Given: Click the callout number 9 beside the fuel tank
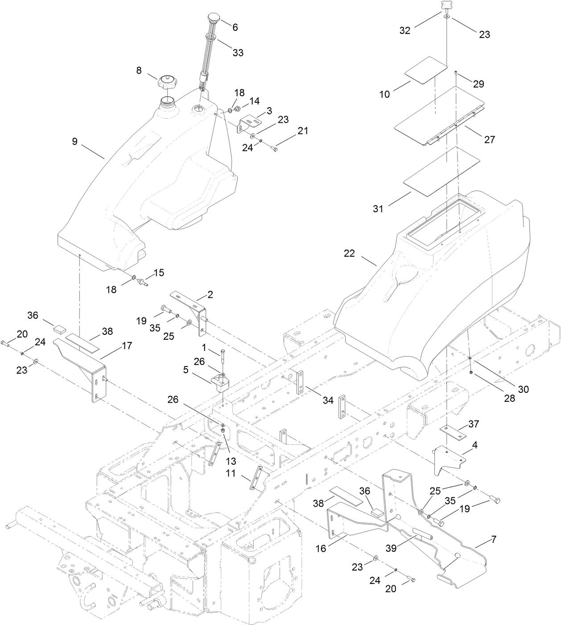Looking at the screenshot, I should (x=74, y=142).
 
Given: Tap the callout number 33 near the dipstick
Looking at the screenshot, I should (x=238, y=53).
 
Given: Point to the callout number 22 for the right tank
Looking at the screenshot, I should (x=349, y=254).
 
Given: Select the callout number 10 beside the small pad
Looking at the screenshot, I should (x=384, y=95).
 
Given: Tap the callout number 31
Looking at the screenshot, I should (x=378, y=208).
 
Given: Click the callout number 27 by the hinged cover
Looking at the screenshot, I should (x=489, y=140).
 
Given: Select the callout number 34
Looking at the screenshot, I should (x=328, y=400).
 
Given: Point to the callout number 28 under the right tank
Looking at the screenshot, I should (x=510, y=398).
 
